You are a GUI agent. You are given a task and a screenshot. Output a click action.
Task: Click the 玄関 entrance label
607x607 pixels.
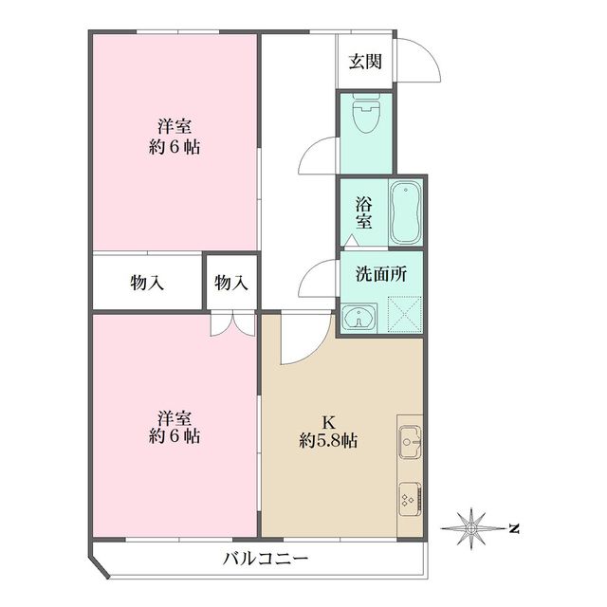click(364, 63)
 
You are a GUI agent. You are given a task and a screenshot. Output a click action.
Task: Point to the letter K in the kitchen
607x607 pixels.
click(328, 421)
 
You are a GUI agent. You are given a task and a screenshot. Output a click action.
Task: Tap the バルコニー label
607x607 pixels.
click(266, 560)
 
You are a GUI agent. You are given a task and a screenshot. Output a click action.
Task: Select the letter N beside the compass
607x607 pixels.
click(513, 527)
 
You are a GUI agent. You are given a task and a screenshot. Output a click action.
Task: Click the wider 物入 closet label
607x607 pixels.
click(148, 282)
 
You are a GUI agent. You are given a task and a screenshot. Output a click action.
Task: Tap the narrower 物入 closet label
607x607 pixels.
click(231, 282)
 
